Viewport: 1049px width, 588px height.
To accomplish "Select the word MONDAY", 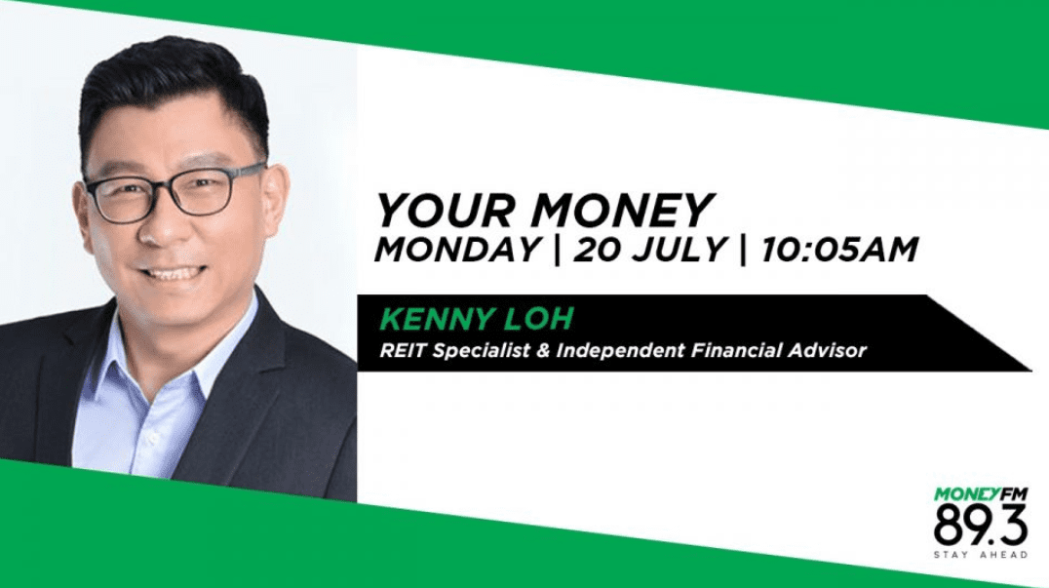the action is point(457,251).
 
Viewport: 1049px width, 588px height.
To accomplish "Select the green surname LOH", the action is point(540,319).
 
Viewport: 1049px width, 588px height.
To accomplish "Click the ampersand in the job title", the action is point(542,350).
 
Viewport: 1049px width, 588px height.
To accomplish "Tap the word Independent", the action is point(620,350).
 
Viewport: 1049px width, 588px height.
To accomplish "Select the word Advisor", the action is point(827,350).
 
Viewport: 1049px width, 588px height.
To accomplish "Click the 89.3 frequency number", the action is point(980,526).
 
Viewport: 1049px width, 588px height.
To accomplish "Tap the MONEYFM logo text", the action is point(981,495).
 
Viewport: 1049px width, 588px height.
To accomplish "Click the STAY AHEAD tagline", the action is point(981,555).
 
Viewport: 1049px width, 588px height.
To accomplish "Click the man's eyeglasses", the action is point(175,191).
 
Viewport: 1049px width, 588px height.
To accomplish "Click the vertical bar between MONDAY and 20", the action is point(558,251).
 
